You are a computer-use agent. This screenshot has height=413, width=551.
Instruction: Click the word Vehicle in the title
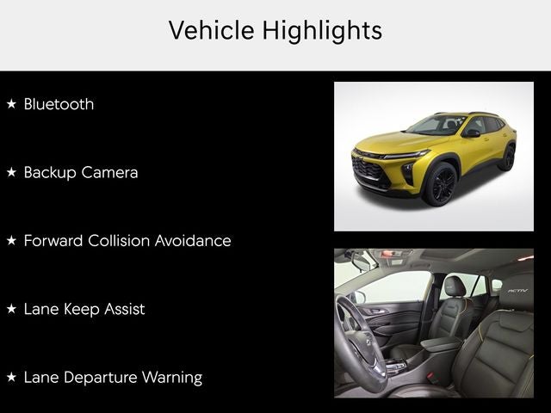(212, 30)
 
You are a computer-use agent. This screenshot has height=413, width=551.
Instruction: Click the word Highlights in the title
(322, 31)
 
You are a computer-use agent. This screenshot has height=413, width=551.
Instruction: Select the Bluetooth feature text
(59, 104)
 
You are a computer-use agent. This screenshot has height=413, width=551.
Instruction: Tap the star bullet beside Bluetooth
(11, 103)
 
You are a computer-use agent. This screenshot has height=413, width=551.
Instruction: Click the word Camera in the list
(109, 172)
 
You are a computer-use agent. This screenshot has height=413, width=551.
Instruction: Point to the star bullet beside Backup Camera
(11, 172)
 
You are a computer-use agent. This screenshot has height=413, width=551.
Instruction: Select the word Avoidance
(193, 241)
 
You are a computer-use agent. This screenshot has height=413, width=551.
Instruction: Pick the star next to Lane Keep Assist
(11, 309)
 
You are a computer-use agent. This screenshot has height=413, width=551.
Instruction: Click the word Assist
(124, 309)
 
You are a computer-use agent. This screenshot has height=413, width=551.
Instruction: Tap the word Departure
(101, 378)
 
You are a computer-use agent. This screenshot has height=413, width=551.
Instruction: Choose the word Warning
(172, 378)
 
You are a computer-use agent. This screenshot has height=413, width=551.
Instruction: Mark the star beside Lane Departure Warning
(11, 377)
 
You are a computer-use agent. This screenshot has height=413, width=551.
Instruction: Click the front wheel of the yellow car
(441, 184)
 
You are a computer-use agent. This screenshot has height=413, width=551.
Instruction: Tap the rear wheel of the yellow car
(508, 157)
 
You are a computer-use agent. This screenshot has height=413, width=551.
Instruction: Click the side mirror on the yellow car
(471, 133)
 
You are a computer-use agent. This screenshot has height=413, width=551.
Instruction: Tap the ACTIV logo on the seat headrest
(517, 291)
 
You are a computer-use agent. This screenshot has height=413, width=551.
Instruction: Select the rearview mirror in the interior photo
(362, 262)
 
